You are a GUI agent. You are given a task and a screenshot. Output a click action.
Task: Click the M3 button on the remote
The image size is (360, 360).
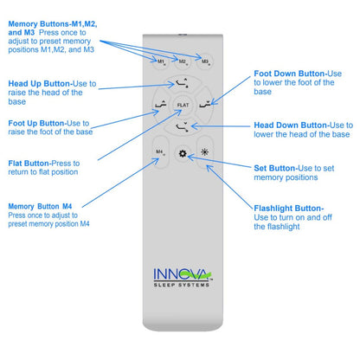coord(205,62)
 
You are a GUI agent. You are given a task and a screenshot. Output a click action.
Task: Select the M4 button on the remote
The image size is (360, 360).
coord(160,153)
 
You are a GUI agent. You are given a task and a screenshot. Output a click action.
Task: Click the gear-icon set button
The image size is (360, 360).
coord(183,153)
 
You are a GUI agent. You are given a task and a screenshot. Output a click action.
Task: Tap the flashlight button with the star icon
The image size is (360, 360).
coord(205,153)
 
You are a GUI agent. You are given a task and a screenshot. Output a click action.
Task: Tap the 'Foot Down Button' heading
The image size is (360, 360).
coord(296,75)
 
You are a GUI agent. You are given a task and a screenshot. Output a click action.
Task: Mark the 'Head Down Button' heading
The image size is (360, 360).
coord(299,125)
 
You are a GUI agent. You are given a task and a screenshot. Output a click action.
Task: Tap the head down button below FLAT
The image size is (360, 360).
coord(182,127)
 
